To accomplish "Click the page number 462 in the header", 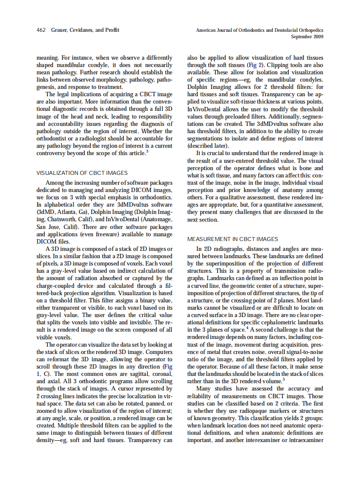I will tap(41, 30).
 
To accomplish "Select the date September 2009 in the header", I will tap(307, 37).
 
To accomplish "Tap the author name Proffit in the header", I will tap(110, 30).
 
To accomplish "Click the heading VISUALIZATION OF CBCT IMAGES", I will tap(82, 173).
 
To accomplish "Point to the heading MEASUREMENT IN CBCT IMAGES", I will tap(232, 239).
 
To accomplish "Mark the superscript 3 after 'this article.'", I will tap(147, 151).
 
